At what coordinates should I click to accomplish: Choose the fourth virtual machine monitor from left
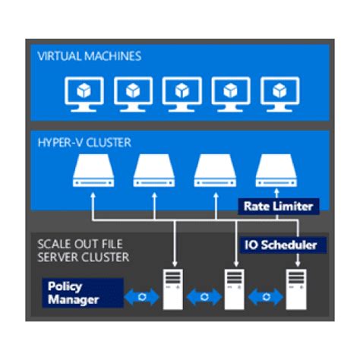point(228,93)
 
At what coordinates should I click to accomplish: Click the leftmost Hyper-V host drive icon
point(92,174)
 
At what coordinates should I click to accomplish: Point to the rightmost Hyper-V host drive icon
point(275,174)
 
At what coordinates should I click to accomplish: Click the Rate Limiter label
point(278,206)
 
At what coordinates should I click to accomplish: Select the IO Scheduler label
point(284,245)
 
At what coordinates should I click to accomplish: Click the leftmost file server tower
point(174,288)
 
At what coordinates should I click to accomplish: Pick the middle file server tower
point(235,288)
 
